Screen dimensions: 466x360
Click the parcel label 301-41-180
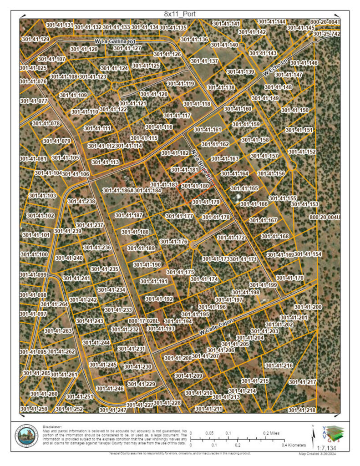195,186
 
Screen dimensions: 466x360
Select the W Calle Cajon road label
216,329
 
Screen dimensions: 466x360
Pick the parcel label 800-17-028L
143,321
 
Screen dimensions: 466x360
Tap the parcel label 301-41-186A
118,190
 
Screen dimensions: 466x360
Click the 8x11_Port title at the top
180,14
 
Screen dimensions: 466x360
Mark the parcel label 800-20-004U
325,217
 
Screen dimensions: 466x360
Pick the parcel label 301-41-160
238,109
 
